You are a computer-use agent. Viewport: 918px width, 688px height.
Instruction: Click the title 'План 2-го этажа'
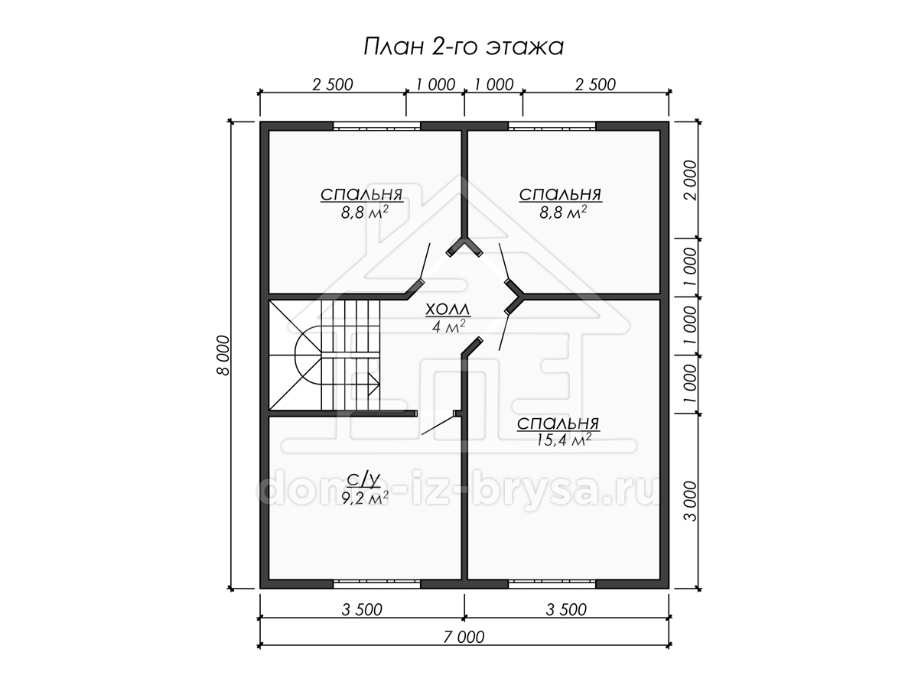(x=464, y=47)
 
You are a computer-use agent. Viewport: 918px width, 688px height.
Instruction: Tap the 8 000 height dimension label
(x=223, y=355)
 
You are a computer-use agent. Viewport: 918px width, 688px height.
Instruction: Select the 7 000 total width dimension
(x=464, y=637)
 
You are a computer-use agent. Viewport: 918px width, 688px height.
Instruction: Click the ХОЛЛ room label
(x=448, y=310)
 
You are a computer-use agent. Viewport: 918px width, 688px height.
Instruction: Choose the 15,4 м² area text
(x=564, y=440)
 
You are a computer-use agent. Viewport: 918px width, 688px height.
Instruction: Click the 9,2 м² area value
(x=365, y=498)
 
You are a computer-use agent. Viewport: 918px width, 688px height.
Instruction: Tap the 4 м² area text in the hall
(x=449, y=326)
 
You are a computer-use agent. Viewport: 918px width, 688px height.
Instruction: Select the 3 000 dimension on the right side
(x=691, y=501)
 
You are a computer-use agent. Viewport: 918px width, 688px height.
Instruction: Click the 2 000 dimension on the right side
(x=691, y=180)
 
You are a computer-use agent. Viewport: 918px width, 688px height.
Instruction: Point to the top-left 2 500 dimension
(x=333, y=85)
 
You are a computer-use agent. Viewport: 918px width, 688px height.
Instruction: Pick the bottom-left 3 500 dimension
(x=362, y=609)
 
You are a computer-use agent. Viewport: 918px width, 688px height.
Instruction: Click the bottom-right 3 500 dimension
(x=566, y=609)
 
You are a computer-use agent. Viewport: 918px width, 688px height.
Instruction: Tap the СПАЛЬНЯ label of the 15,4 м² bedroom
(x=558, y=424)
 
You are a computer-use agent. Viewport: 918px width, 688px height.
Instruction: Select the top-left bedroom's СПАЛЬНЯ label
(x=362, y=195)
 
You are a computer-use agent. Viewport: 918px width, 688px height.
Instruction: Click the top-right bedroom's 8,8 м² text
(x=563, y=213)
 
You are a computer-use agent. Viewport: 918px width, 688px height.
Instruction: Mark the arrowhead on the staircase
(x=374, y=385)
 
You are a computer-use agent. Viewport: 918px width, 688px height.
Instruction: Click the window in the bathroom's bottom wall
(x=376, y=583)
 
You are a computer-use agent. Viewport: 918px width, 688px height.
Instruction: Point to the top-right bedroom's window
(x=552, y=125)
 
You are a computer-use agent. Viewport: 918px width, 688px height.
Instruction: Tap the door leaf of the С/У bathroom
(x=438, y=424)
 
